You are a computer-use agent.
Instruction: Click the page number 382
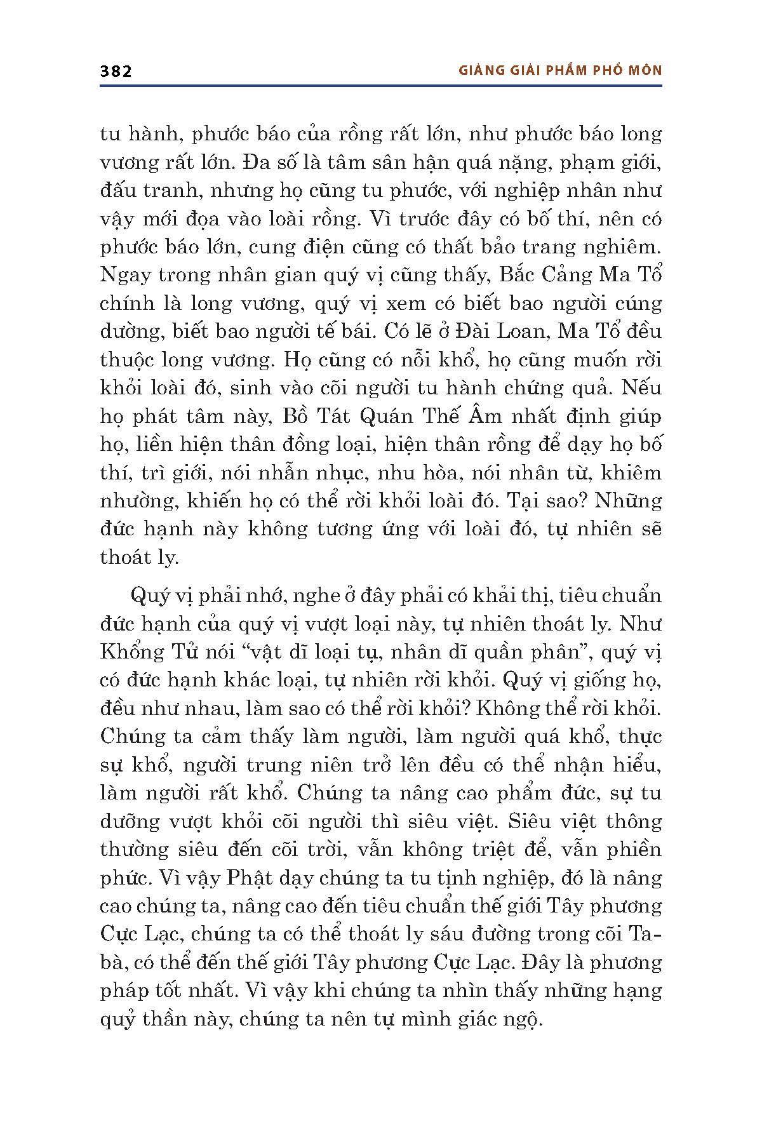(116, 71)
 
